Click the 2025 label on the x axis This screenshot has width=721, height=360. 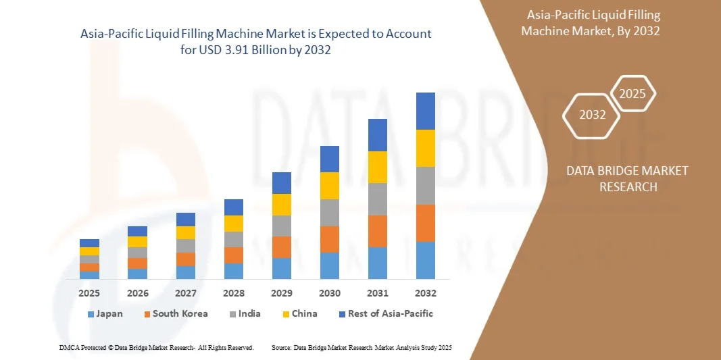pos(89,293)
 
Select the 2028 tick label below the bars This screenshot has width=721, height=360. pos(234,293)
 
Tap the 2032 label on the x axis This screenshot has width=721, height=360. pos(426,293)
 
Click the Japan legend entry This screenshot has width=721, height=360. pos(105,313)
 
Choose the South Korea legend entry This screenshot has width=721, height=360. pos(175,313)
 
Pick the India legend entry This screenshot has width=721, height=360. pos(244,313)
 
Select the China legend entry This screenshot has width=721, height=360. pos(299,313)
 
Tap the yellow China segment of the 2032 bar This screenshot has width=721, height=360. pos(426,148)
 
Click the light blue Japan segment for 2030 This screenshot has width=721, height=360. pos(330,265)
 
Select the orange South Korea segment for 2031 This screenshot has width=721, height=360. pos(378,231)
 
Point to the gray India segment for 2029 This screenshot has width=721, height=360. pos(282,226)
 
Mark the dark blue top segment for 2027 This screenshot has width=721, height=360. pos(186,219)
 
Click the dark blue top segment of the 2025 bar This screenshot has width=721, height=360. pos(89,243)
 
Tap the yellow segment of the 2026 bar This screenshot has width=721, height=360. pos(137,242)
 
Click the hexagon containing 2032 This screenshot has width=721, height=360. pos(592,115)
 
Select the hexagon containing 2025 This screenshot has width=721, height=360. pos(632,94)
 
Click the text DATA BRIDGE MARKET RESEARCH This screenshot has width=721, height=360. pos(627,178)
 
